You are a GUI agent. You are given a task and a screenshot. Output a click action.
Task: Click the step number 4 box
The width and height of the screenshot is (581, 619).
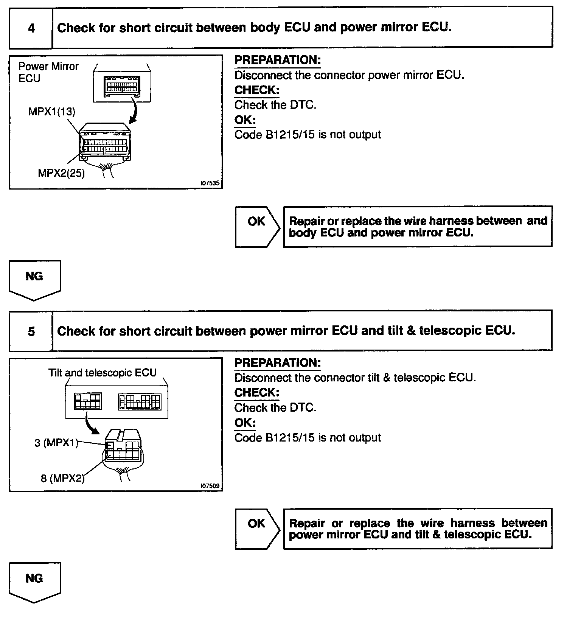[31, 28]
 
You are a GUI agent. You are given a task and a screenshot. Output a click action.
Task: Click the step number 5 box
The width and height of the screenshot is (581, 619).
[31, 331]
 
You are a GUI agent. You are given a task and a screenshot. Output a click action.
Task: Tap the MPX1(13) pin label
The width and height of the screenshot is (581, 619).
[52, 112]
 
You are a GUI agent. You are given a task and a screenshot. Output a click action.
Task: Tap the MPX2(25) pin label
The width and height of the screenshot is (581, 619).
[61, 173]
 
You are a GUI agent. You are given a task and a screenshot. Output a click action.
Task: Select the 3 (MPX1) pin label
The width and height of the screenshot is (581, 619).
[56, 443]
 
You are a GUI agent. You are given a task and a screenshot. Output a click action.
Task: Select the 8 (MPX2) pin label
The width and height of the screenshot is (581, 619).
[62, 478]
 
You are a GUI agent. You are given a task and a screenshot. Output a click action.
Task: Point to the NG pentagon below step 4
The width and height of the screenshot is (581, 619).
[34, 279]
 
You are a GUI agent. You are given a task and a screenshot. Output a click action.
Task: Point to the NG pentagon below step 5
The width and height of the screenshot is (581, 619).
[34, 582]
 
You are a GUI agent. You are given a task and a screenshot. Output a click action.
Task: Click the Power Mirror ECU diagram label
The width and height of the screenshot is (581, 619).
[48, 72]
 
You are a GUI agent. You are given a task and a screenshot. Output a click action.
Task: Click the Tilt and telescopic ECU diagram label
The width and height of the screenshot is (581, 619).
[102, 373]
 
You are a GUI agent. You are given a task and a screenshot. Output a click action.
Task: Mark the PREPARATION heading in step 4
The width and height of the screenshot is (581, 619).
[278, 60]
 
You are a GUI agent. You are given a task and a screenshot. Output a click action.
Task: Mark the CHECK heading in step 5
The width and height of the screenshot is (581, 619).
[256, 393]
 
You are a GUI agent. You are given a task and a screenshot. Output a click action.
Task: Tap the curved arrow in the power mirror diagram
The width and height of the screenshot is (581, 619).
[135, 110]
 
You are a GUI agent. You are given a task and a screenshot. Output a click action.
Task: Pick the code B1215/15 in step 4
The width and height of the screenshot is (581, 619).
[290, 135]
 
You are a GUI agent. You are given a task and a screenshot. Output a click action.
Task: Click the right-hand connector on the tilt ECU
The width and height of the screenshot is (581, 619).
[140, 402]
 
